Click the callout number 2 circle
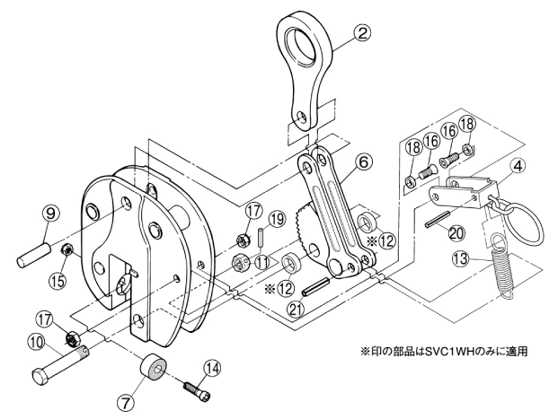coord(362,34)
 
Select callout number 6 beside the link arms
coord(363,162)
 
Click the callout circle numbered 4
coord(518,166)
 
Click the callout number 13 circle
coord(462,258)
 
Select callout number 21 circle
coord(297,308)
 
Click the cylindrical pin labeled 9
coord(32,254)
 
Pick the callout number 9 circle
coord(50,214)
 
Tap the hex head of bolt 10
coord(41,376)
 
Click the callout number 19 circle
coord(277,219)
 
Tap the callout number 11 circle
coord(261,263)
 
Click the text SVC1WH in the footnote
coord(448,352)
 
